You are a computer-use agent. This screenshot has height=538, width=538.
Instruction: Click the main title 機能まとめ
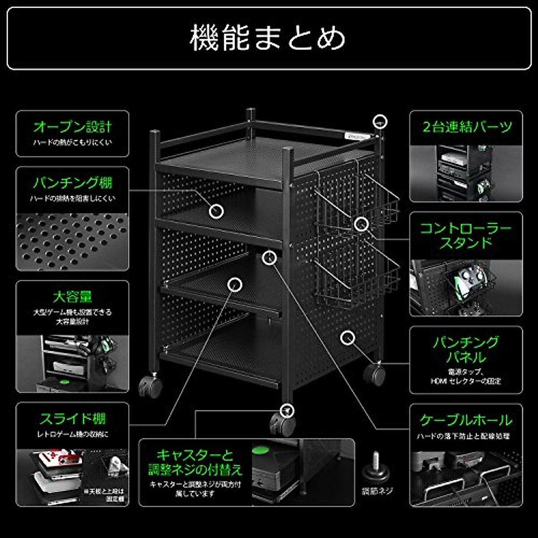[x=268, y=38]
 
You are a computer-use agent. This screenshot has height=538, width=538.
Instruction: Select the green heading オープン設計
[x=72, y=127]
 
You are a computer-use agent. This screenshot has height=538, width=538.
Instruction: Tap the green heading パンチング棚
[x=72, y=182]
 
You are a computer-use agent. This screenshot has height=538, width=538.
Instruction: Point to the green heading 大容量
[x=72, y=296]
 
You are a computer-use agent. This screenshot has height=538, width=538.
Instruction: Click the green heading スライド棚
[x=72, y=419]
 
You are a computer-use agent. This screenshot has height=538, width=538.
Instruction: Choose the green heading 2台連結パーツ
[x=466, y=127]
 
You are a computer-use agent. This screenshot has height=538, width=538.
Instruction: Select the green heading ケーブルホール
[x=466, y=420]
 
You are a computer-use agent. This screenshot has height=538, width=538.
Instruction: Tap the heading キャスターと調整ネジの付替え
[x=195, y=462]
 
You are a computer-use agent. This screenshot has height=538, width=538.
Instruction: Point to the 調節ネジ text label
[x=377, y=491]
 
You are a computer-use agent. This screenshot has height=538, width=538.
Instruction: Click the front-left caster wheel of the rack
[x=150, y=387]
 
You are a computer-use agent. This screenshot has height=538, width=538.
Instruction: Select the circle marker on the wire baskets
[x=361, y=224]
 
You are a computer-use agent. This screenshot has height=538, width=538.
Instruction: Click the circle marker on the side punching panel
[x=347, y=338]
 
